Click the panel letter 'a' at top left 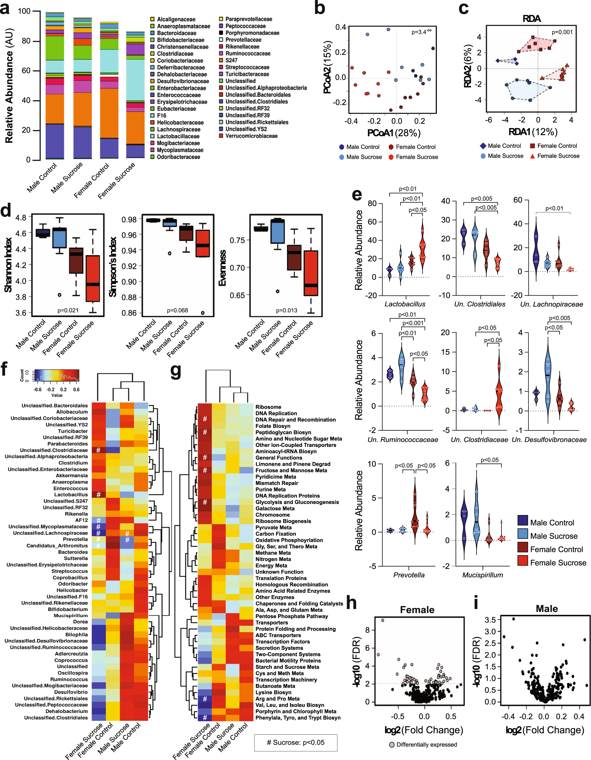(5, 8)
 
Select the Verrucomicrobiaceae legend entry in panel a (251, 136)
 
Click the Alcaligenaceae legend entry (175, 20)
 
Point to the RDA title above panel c (531, 19)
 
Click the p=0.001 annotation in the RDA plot (562, 32)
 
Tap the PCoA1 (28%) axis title (393, 133)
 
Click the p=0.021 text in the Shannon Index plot (68, 310)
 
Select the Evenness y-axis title (222, 268)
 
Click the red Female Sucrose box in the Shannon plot (93, 278)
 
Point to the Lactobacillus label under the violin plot (404, 304)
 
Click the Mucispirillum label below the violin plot (482, 575)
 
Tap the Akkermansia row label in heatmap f (72, 476)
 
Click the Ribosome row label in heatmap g (268, 407)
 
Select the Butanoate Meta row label (275, 686)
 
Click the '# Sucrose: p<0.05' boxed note (295, 742)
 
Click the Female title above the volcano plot (417, 610)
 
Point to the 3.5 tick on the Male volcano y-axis (490, 620)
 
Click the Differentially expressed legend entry (426, 745)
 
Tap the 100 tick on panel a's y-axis (24, 11)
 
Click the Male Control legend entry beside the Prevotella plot (552, 523)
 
